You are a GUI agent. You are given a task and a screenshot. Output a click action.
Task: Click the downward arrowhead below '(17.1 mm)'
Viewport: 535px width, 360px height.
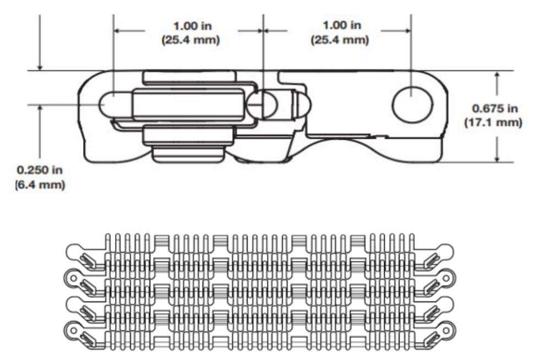tap(498, 156)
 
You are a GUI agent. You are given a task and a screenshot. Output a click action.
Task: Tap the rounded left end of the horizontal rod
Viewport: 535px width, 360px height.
tap(107, 103)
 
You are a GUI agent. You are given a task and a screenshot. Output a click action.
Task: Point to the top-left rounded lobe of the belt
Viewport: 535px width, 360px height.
tap(75, 252)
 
